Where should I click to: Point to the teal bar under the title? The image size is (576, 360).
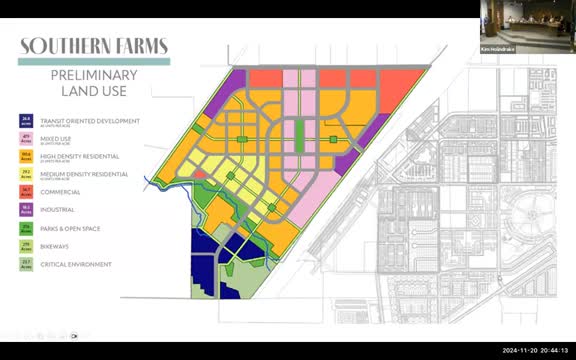pos(95,62)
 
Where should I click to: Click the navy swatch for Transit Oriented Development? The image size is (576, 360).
pos(27,120)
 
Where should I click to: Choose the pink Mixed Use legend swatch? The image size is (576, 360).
pos(27,138)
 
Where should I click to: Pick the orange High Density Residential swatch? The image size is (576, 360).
pos(27,156)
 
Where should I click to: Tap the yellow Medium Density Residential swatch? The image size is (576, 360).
pos(27,174)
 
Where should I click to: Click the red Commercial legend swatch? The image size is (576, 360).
pos(27,192)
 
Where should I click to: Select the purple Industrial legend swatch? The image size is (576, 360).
pos(27,210)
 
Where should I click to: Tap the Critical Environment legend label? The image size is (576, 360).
pos(83,264)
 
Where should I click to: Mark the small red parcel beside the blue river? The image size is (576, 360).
pos(199,174)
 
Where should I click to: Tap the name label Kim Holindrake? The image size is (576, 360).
pos(497,48)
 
